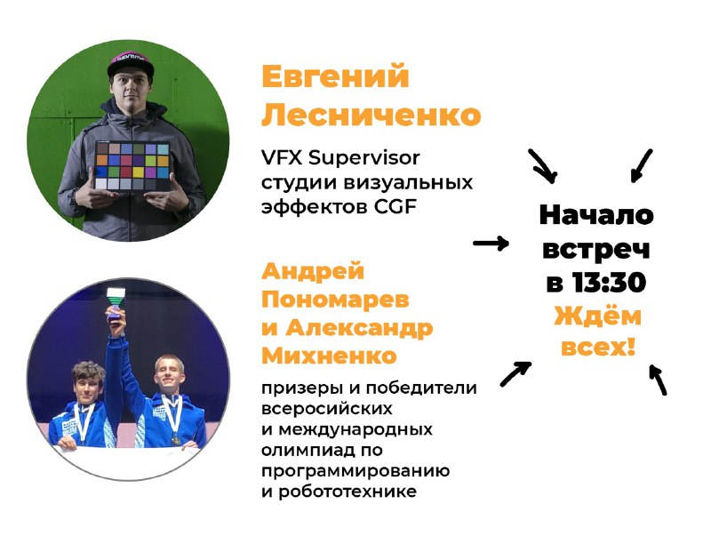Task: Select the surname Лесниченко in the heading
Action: [x=371, y=116]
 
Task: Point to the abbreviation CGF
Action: [x=395, y=207]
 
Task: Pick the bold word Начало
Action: [x=596, y=215]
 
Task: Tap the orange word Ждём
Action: [x=597, y=315]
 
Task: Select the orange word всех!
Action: [x=597, y=348]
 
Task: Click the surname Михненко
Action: [x=329, y=356]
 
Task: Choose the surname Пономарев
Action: [x=335, y=300]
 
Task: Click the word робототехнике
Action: [x=348, y=492]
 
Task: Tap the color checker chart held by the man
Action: [x=132, y=166]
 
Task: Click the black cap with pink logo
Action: [x=131, y=63]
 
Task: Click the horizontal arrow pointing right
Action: [x=491, y=244]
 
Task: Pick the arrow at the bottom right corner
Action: [x=659, y=379]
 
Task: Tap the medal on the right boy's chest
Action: [x=175, y=439]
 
